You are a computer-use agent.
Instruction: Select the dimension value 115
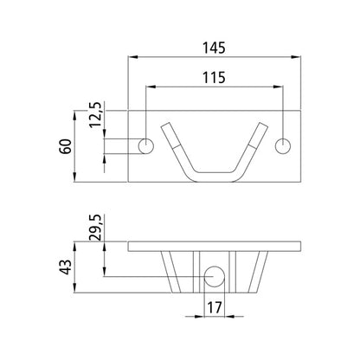[x=213, y=77]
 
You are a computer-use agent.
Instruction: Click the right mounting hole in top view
[x=282, y=145]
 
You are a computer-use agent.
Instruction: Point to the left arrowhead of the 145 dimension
[x=132, y=57]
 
